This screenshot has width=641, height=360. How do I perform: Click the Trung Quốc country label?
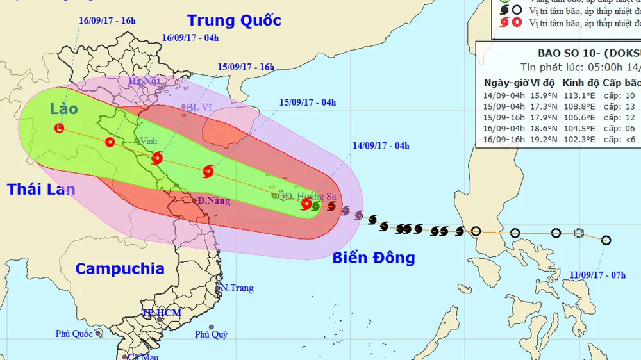tap(234, 20)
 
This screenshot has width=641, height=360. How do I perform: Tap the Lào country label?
tap(64, 108)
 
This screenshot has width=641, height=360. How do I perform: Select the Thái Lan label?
tap(41, 189)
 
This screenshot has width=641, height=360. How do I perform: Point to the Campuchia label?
tap(119, 268)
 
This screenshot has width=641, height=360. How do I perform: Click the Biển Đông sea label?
tap(374, 258)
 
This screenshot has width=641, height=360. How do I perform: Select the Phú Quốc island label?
tap(75, 333)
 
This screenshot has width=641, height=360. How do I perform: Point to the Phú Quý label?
tap(211, 334)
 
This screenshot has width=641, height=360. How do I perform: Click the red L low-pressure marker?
tap(60, 128)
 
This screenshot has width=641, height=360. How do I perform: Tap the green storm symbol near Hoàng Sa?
tap(315, 206)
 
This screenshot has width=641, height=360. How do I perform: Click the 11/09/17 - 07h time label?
tap(597, 275)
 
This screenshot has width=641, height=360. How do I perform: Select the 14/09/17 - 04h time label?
tap(381, 145)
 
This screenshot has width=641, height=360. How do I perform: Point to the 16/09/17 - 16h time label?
tap(108, 20)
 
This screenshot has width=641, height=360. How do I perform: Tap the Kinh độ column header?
tap(578, 83)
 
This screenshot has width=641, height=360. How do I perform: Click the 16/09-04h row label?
tap(504, 129)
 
